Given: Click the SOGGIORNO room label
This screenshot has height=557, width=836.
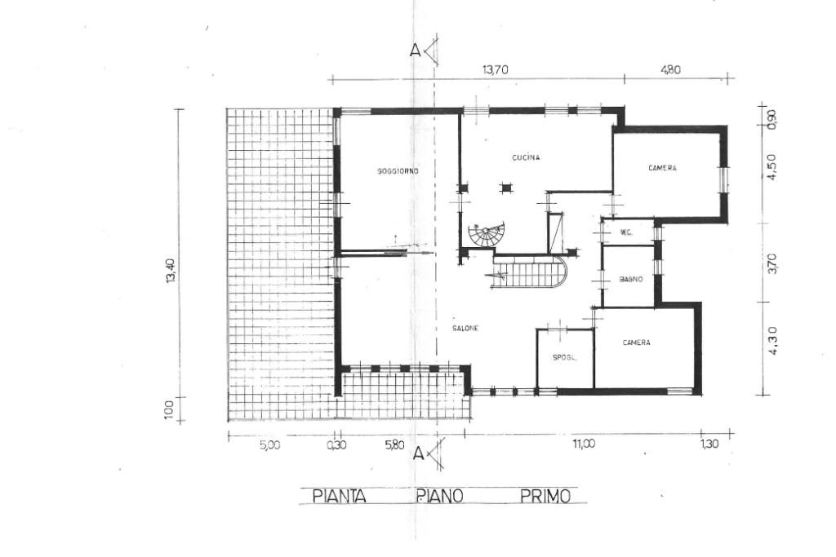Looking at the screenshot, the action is click(x=398, y=171).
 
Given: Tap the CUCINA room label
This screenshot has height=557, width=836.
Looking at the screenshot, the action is click(x=526, y=157).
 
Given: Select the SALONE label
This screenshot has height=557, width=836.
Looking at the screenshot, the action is click(x=465, y=329).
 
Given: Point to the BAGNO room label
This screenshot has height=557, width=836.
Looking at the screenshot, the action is click(x=631, y=279).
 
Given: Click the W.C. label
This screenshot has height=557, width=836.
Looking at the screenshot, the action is click(x=626, y=232).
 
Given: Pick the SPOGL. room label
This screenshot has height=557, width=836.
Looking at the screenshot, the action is click(x=565, y=358).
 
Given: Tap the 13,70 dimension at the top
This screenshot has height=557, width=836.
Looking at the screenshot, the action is click(x=496, y=69).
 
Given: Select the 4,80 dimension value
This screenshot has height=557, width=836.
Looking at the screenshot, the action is click(x=670, y=69).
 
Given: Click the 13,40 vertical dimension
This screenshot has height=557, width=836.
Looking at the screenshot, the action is click(x=171, y=271).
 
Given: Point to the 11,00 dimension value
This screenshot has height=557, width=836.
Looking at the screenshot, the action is click(x=584, y=444).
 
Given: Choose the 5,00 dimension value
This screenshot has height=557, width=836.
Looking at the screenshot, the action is click(x=269, y=445).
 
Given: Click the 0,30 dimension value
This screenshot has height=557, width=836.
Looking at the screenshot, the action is click(x=336, y=445).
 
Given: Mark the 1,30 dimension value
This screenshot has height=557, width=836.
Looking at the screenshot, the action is click(x=709, y=444).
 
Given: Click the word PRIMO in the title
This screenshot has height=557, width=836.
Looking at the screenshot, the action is click(x=545, y=497).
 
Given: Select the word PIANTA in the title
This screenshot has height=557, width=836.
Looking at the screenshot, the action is click(x=339, y=497).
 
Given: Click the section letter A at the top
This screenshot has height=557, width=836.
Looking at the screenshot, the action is click(x=415, y=50).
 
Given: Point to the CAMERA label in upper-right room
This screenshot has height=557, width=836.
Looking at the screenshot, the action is click(x=662, y=168).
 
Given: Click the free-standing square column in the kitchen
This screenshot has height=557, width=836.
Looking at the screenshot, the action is click(x=505, y=188).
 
